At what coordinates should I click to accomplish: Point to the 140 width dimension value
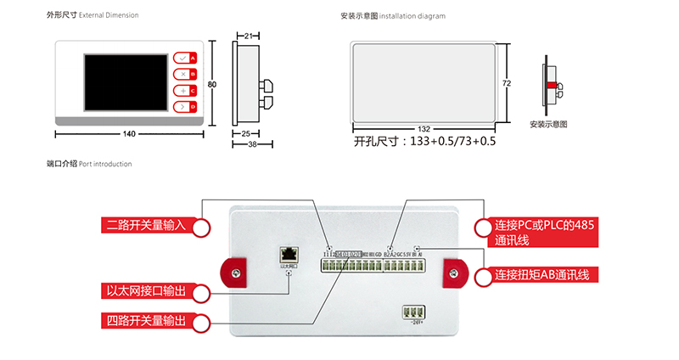(129, 133)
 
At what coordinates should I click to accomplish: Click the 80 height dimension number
(212, 83)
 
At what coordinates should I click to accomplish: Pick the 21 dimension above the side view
(247, 36)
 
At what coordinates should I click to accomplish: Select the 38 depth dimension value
(253, 144)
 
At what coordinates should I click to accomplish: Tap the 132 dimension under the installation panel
(424, 129)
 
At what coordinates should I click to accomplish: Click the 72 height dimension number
(506, 83)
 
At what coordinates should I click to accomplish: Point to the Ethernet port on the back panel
(289, 253)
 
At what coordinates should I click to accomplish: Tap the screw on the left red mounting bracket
(236, 273)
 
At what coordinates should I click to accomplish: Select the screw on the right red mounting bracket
(454, 273)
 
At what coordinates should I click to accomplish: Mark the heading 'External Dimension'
(109, 15)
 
